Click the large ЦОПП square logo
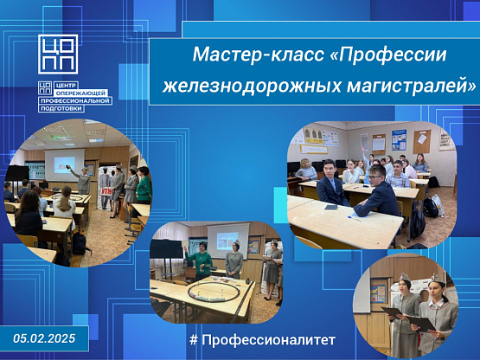coord(58,55)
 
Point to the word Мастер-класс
coord(259,55)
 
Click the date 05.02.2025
coord(44,338)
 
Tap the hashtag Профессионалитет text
coord(262,340)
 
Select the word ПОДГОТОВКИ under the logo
coord(61,108)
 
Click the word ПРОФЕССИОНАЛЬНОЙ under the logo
coord(75,100)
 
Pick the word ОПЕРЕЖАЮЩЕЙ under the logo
coord(81,93)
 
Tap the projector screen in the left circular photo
coord(65,164)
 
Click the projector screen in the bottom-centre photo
coord(228,241)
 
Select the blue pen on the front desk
coord(355,218)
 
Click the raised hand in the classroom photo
coord(363,150)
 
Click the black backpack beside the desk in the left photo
coord(79,244)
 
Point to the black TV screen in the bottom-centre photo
coord(166,248)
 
